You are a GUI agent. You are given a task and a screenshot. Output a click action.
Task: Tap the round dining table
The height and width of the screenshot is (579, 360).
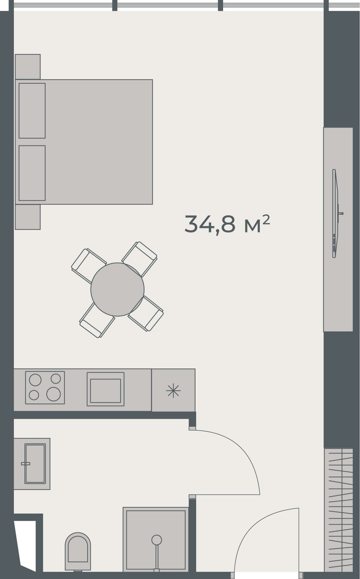pyautogui.click(x=117, y=289)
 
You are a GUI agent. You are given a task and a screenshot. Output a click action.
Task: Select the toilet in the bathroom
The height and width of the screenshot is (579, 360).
pyautogui.click(x=78, y=552)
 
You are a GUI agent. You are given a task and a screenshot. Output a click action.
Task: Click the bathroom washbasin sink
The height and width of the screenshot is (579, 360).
pyautogui.click(x=35, y=464)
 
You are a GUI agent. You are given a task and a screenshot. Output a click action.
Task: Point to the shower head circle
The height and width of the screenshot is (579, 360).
pyautogui.click(x=157, y=540)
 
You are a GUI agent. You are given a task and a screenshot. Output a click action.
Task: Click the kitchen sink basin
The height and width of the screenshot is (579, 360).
pyautogui.click(x=106, y=391)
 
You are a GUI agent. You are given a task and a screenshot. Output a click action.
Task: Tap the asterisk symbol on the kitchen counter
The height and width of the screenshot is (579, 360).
pyautogui.click(x=173, y=391)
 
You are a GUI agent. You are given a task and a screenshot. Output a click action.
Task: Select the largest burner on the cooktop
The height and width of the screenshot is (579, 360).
pyautogui.click(x=53, y=394)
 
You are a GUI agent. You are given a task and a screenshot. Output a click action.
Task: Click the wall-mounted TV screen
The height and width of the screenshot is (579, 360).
pyautogui.click(x=335, y=213)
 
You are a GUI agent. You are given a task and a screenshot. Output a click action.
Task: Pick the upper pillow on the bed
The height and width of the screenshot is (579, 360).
pyautogui.click(x=32, y=111)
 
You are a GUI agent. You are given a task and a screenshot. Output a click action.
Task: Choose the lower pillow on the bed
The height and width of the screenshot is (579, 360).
pyautogui.click(x=32, y=173)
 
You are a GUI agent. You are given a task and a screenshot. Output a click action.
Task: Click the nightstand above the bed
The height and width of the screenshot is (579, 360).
pyautogui.click(x=27, y=67)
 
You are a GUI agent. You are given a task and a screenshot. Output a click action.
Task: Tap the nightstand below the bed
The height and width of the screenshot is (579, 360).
pyautogui.click(x=27, y=217)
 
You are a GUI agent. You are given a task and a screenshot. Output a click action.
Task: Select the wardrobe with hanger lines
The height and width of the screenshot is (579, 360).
pyautogui.click(x=338, y=510)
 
